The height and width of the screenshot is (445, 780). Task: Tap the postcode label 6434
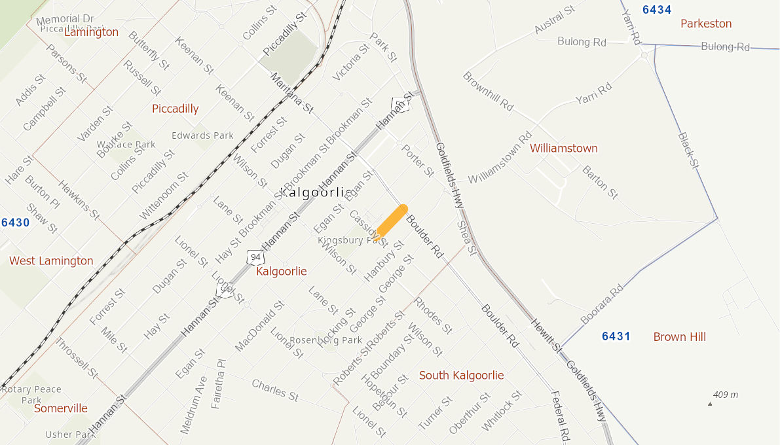(657, 10)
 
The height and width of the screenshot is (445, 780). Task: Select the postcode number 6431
(616, 336)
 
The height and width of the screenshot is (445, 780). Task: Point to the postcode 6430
(15, 222)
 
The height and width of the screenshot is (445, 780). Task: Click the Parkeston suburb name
(706, 24)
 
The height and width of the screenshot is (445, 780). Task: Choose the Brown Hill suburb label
(679, 337)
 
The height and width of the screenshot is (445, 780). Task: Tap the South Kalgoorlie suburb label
(461, 375)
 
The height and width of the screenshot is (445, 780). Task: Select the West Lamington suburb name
(51, 261)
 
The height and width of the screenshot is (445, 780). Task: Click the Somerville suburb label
(61, 408)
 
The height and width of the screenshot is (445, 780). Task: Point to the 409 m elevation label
(725, 395)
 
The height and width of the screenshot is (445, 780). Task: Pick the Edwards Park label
(202, 135)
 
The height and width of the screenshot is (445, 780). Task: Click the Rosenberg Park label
(325, 340)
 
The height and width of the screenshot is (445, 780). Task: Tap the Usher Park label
(70, 435)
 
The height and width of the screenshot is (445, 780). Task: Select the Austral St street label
(554, 20)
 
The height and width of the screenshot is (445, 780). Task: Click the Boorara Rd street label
(602, 306)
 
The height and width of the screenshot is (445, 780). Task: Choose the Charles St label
(275, 390)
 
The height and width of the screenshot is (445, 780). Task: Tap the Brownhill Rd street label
(488, 91)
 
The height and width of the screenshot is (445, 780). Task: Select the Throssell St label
(76, 358)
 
